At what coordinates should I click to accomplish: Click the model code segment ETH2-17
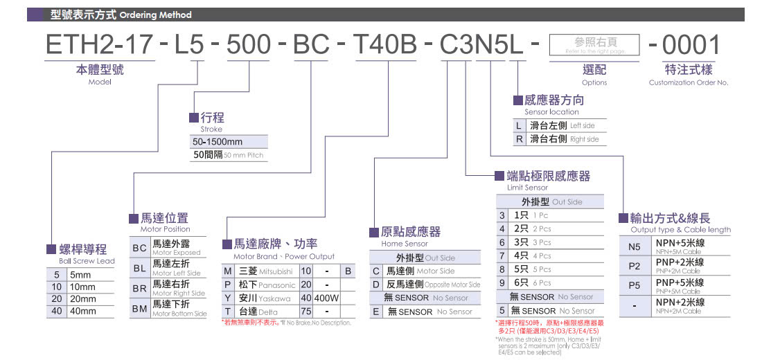tap(98, 45)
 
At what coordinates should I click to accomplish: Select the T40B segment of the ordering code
tap(385, 45)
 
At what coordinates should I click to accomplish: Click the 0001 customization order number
tap(691, 45)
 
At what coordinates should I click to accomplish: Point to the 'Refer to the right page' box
tap(594, 46)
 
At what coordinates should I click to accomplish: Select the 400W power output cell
tap(326, 298)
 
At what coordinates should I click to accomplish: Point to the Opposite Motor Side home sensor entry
tap(434, 285)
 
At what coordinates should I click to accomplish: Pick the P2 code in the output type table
tap(635, 266)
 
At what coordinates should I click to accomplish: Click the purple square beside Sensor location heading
tap(518, 100)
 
